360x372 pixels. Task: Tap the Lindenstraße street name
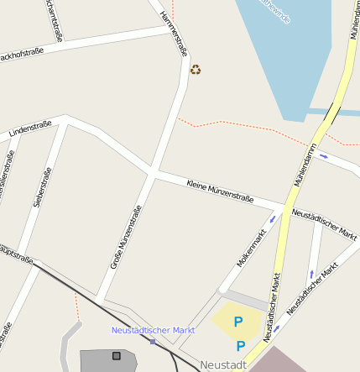click(x=30, y=128)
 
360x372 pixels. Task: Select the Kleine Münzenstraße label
click(x=220, y=191)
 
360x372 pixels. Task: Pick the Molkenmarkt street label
click(x=251, y=249)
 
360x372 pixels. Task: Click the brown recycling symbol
click(x=196, y=70)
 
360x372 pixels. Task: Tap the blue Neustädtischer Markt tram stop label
click(x=153, y=330)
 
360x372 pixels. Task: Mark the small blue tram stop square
click(x=153, y=341)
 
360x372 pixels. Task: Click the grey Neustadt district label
click(x=223, y=365)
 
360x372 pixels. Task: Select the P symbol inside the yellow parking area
click(x=237, y=322)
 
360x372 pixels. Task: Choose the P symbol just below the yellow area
click(x=241, y=345)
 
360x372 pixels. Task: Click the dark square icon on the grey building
click(x=116, y=356)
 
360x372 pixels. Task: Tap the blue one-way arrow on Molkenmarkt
click(x=271, y=220)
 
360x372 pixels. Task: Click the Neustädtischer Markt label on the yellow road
click(x=272, y=307)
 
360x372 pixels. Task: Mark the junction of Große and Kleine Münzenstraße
click(x=152, y=173)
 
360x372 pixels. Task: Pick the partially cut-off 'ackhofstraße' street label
click(x=22, y=55)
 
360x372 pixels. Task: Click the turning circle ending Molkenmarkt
click(x=223, y=291)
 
